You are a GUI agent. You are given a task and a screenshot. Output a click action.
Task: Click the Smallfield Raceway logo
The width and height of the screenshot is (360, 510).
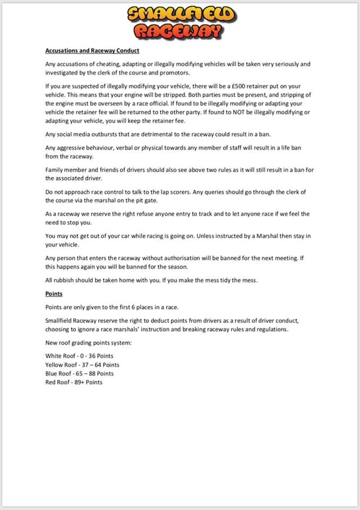[x=180, y=23]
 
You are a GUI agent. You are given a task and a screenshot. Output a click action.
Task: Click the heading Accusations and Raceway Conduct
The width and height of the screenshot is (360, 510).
[x=92, y=51]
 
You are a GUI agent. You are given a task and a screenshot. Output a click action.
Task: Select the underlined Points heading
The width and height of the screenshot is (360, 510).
[x=54, y=293]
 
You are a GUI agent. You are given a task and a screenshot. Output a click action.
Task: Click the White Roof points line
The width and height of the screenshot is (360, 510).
[x=79, y=356]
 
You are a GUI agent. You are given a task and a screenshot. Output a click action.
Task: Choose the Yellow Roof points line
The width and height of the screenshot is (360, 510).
[x=82, y=365]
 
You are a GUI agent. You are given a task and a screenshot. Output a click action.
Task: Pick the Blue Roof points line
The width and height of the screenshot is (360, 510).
[x=79, y=373]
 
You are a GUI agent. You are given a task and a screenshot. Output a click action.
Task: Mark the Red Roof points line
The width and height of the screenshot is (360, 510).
[x=74, y=382]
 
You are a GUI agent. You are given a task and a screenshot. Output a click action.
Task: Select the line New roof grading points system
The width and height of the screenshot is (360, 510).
[x=89, y=343]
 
